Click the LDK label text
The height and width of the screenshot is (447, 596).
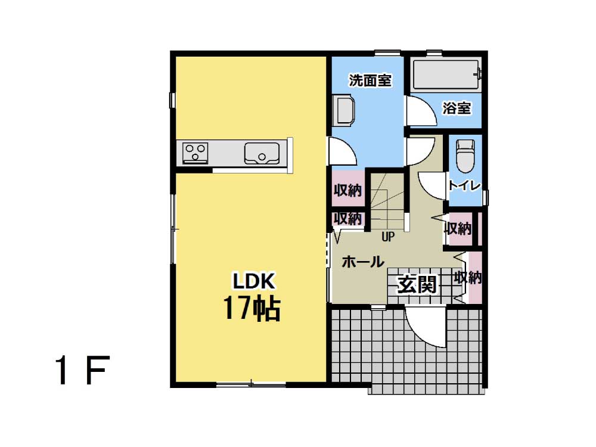click(x=253, y=281)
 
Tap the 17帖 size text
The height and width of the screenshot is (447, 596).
click(x=252, y=308)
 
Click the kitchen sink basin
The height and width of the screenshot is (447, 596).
click(x=262, y=153)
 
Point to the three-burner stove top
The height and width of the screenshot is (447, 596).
click(x=195, y=153)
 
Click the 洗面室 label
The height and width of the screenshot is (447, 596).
click(x=370, y=80)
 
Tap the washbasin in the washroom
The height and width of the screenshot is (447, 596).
click(x=343, y=111)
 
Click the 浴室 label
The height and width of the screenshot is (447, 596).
click(x=457, y=108)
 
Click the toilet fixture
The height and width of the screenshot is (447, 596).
click(x=465, y=156)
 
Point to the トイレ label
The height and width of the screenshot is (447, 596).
click(x=465, y=185)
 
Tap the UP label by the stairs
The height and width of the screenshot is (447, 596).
click(x=388, y=237)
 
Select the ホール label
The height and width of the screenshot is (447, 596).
click(x=362, y=262)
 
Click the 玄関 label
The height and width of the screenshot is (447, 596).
click(x=417, y=284)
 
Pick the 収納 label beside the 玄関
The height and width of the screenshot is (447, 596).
click(x=468, y=278)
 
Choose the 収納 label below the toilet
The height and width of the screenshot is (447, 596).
click(x=458, y=228)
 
